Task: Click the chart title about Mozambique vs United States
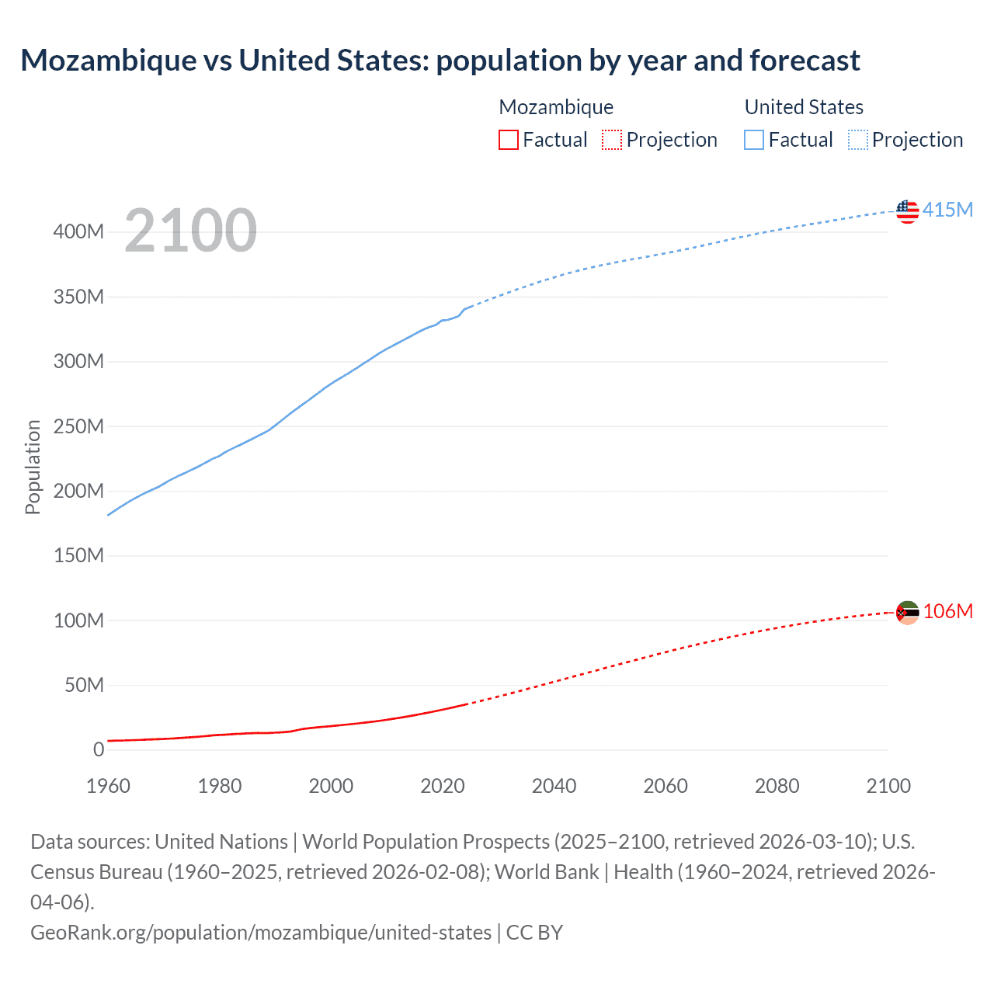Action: point(440,61)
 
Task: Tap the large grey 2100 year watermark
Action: point(190,230)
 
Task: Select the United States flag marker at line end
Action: point(907,210)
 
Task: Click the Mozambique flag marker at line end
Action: point(907,613)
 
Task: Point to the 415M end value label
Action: point(947,210)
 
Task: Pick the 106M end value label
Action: point(947,611)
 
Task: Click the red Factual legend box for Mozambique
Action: point(509,140)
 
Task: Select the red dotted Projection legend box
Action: point(612,140)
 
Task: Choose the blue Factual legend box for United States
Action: point(754,140)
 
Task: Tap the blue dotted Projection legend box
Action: point(858,140)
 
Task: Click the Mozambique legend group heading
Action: point(556,107)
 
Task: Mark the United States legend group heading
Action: point(804,107)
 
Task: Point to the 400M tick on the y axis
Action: point(78,232)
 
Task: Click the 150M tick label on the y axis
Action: point(78,555)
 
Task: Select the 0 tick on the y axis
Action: point(99,749)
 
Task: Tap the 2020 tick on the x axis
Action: point(443,786)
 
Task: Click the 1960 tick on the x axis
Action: point(108,786)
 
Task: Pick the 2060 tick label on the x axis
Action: point(666,786)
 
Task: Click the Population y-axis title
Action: point(33,467)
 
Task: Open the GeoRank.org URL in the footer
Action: point(261,932)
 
